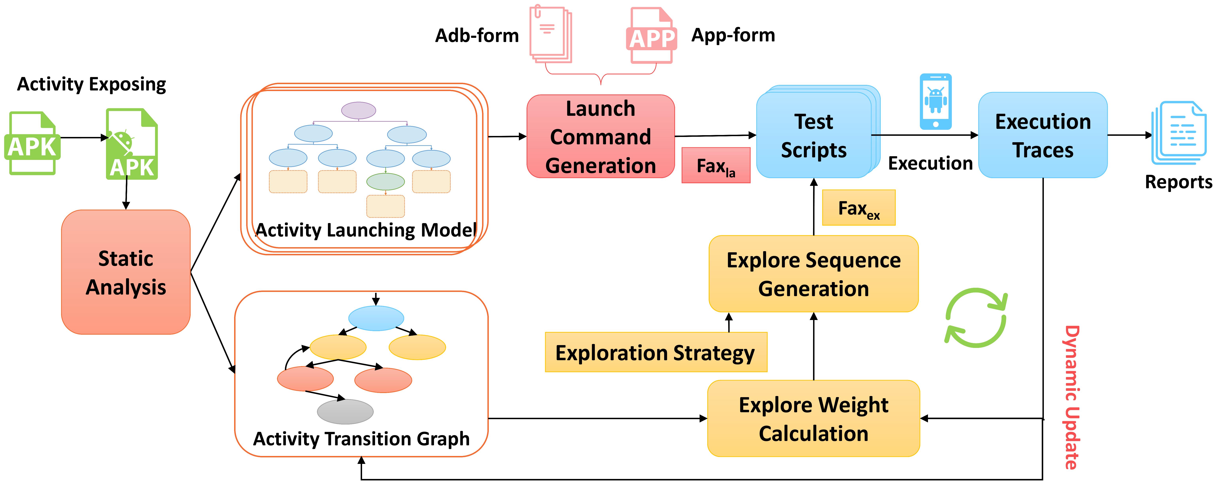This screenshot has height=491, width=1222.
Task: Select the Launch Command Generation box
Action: click(x=601, y=137)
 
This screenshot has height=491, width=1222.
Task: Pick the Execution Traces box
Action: click(x=1043, y=135)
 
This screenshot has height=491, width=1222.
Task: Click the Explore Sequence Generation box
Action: click(x=813, y=274)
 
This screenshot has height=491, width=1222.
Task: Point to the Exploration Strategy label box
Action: click(x=656, y=352)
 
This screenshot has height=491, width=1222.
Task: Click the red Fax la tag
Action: click(x=716, y=165)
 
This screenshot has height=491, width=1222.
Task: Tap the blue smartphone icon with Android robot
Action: click(x=935, y=101)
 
